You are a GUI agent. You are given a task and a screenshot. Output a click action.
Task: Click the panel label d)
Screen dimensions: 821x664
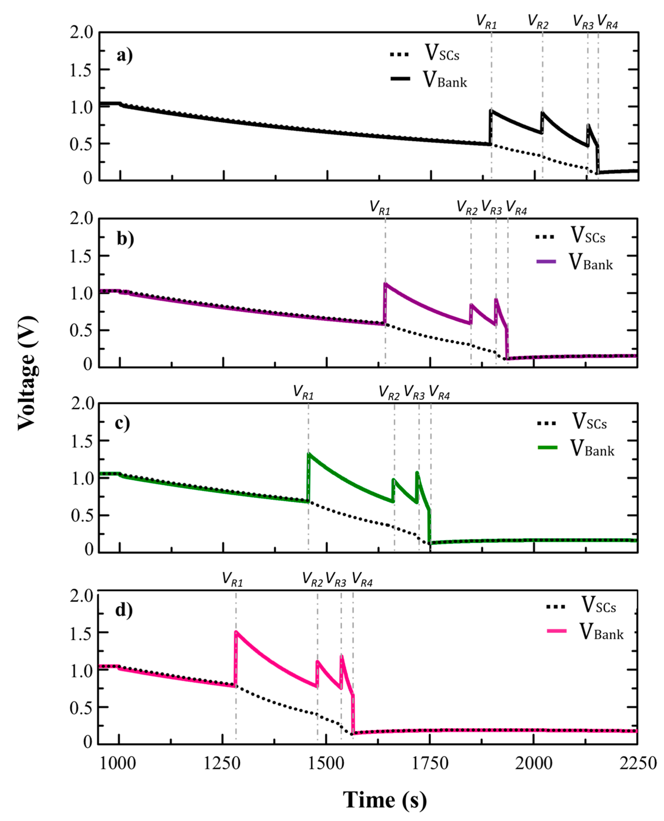[x=124, y=609]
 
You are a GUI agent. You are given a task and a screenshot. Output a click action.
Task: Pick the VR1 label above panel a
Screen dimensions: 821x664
[x=486, y=22]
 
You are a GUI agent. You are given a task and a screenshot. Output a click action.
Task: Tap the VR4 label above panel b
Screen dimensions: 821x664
[x=516, y=208]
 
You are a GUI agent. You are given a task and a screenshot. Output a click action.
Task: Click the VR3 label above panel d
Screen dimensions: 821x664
[x=336, y=580]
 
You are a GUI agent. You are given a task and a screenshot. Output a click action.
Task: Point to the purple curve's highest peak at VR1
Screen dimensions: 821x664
[x=386, y=284]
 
